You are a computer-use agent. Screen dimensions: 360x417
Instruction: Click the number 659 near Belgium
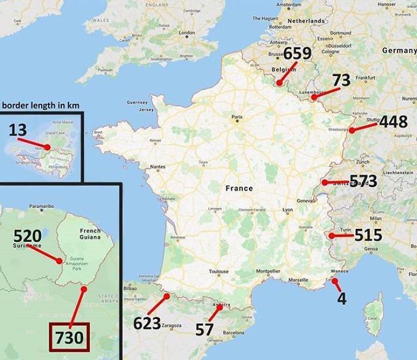click(x=297, y=54)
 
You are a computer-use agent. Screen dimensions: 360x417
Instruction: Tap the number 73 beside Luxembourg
click(x=341, y=80)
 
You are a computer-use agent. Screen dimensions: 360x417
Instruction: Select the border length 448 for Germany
click(x=393, y=122)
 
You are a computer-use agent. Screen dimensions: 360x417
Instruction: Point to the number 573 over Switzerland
click(x=363, y=181)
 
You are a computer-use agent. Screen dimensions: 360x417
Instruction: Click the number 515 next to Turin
click(x=368, y=235)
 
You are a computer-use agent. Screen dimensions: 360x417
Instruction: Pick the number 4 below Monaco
click(x=342, y=298)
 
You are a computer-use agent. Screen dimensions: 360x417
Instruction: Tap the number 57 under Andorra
click(x=204, y=330)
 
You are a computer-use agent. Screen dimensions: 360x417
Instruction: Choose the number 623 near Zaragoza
click(x=147, y=324)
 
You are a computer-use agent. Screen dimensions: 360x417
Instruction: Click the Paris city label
click(x=237, y=117)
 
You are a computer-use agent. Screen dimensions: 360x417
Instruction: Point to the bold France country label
click(x=239, y=188)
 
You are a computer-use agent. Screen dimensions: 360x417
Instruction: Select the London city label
click(x=187, y=33)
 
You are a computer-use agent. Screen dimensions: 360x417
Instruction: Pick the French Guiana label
click(x=90, y=234)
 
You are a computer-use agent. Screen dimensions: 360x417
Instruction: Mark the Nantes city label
click(x=157, y=166)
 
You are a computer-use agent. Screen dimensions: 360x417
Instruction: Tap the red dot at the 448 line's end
click(x=352, y=130)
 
